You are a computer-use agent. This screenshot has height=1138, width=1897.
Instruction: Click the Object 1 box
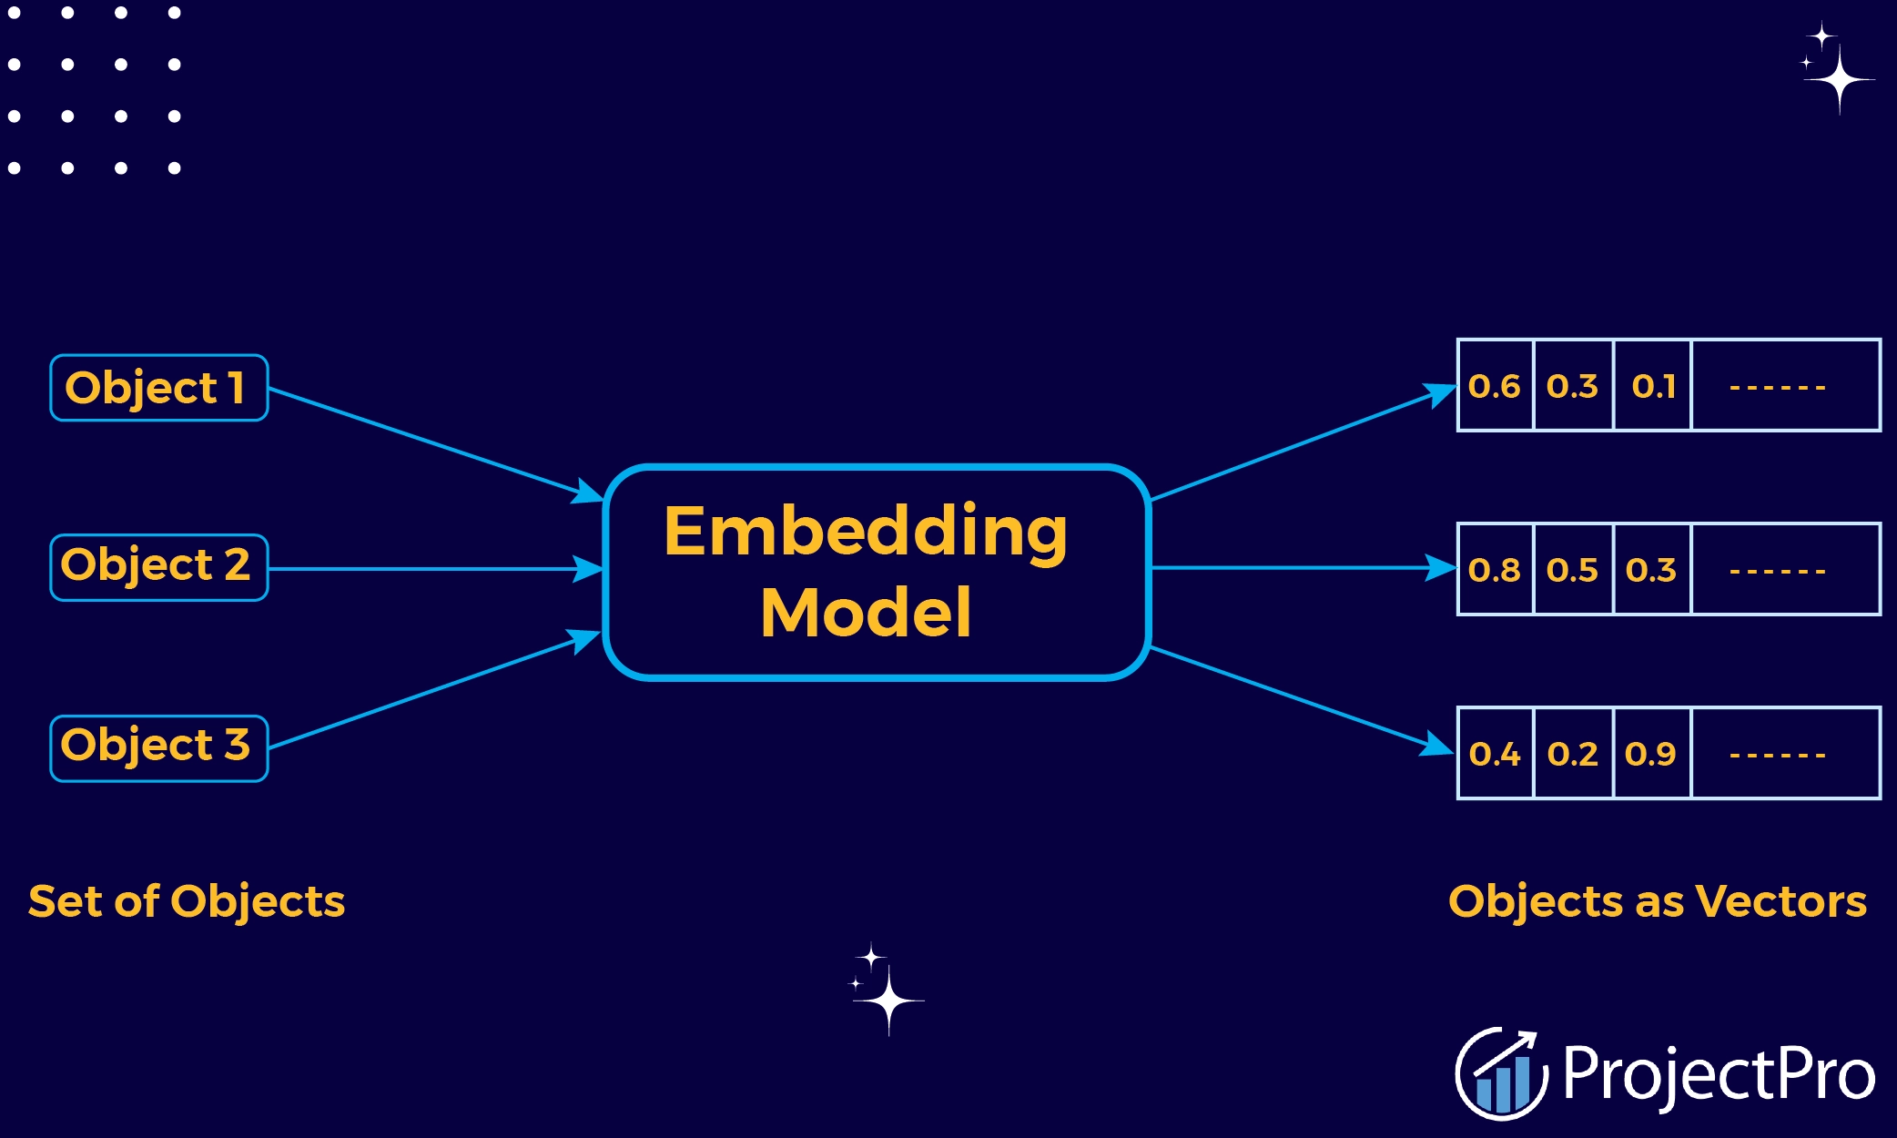click(x=158, y=388)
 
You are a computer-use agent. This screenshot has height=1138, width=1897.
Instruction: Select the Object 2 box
click(x=158, y=567)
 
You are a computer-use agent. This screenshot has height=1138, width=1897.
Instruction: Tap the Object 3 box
click(x=158, y=747)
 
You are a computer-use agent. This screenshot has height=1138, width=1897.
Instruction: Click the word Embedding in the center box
click(x=865, y=533)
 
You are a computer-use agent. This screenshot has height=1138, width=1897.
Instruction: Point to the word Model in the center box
click(x=866, y=613)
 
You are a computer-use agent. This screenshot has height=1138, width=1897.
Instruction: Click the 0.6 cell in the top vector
click(x=1495, y=386)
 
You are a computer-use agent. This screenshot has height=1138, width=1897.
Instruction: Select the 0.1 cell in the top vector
click(x=1652, y=386)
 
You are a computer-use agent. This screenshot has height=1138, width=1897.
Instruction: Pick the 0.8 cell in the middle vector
click(x=1495, y=570)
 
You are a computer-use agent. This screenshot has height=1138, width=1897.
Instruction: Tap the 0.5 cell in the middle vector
click(x=1573, y=570)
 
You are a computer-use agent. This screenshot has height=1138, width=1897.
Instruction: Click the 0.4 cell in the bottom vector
click(x=1495, y=754)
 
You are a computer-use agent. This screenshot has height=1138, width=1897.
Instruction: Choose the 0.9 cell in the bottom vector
click(x=1651, y=754)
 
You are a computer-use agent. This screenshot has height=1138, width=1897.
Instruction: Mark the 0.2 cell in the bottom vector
click(x=1573, y=754)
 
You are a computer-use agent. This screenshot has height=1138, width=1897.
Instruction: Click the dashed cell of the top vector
click(x=1784, y=386)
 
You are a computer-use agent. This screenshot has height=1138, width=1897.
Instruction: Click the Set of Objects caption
click(x=187, y=901)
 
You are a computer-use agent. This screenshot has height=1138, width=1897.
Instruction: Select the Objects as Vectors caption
click(x=1657, y=901)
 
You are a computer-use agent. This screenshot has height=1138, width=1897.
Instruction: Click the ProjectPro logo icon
click(x=1500, y=1073)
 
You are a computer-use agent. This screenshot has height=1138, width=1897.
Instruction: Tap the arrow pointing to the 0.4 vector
click(x=1302, y=700)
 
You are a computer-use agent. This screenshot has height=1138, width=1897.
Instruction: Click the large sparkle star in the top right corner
click(x=1839, y=80)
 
